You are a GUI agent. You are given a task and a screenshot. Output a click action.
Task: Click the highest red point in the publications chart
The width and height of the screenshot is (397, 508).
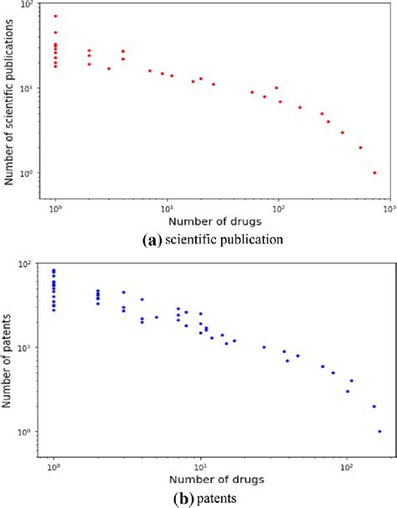[x=55, y=16]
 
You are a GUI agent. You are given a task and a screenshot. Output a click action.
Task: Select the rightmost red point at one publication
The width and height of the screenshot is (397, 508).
[x=374, y=173]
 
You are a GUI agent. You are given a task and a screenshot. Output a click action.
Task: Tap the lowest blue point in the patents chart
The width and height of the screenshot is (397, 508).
[x=379, y=432]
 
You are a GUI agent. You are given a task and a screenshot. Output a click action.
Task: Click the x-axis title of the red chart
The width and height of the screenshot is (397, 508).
[x=214, y=222]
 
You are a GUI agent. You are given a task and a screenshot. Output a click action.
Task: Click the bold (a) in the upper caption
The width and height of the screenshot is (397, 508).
[x=152, y=239]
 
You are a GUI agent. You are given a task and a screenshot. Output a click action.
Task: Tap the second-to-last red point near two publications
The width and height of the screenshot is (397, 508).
[x=361, y=148]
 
